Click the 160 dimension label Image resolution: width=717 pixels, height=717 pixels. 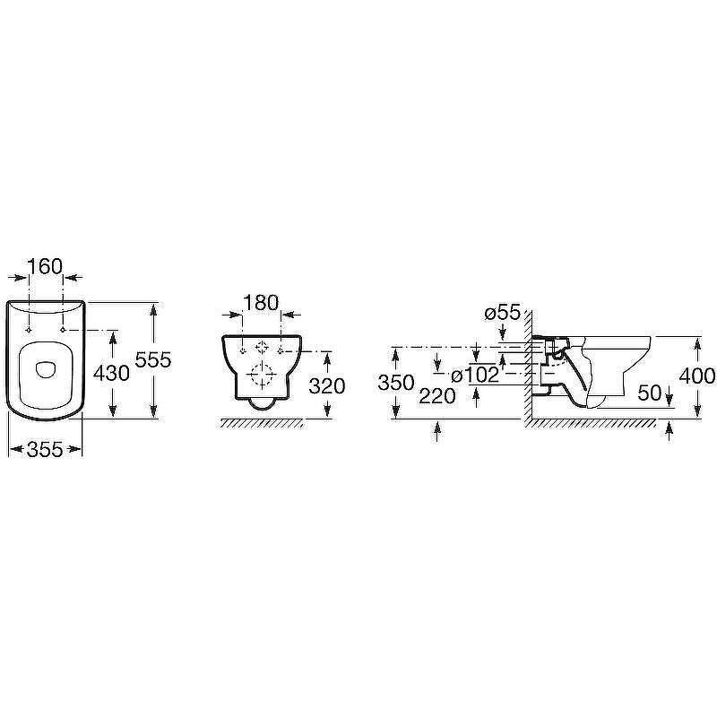pos(45,266)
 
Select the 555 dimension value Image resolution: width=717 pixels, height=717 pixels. pos(153,360)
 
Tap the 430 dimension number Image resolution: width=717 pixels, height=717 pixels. pos(111,374)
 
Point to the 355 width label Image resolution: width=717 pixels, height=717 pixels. pos(45,450)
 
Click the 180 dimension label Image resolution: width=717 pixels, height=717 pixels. pos(261,303)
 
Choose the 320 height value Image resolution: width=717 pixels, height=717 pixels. pos(326,386)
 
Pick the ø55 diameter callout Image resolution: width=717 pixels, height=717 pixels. pos(503,313)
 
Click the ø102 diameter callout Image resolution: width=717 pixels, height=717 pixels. pos(475,376)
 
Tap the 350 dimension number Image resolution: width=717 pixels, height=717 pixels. pos(396,383)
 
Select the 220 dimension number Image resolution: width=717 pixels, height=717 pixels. pos(437,396)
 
